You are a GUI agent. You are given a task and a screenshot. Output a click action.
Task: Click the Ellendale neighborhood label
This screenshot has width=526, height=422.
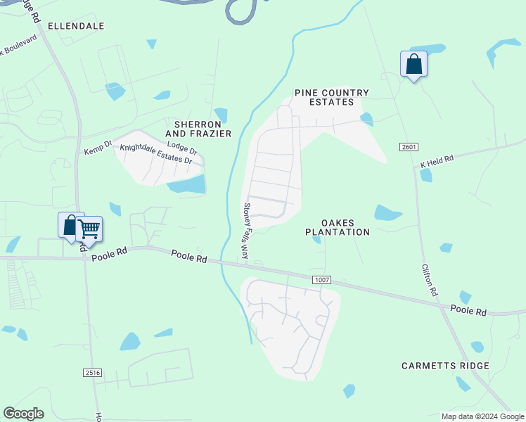(x=76, y=26)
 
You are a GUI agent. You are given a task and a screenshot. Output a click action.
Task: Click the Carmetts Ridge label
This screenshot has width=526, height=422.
(x=445, y=366)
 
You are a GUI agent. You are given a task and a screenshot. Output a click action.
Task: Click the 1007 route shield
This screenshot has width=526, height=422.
(x=323, y=280)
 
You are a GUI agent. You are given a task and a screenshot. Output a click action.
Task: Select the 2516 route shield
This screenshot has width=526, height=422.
(x=92, y=372)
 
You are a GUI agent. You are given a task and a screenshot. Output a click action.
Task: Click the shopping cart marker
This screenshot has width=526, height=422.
(x=89, y=229)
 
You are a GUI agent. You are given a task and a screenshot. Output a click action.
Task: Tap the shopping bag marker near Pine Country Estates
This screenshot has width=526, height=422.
(x=413, y=64)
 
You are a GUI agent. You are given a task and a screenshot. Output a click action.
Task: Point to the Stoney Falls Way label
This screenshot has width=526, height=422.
(x=246, y=231)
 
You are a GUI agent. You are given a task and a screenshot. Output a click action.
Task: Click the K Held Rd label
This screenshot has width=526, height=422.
(x=437, y=161)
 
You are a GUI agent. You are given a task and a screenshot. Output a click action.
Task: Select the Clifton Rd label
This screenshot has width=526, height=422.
(x=430, y=279)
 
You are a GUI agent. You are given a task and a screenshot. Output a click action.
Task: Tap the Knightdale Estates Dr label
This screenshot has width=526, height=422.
(x=156, y=154)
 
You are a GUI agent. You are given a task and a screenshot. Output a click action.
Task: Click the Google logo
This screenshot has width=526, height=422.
(x=23, y=414)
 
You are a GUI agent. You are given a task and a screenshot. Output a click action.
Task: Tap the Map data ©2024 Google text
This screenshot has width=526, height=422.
(x=482, y=416)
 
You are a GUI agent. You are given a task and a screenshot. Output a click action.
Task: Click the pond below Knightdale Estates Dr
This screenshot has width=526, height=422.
(x=187, y=185)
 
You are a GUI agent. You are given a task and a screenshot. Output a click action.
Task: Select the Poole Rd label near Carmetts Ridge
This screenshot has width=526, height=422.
(x=468, y=310)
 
